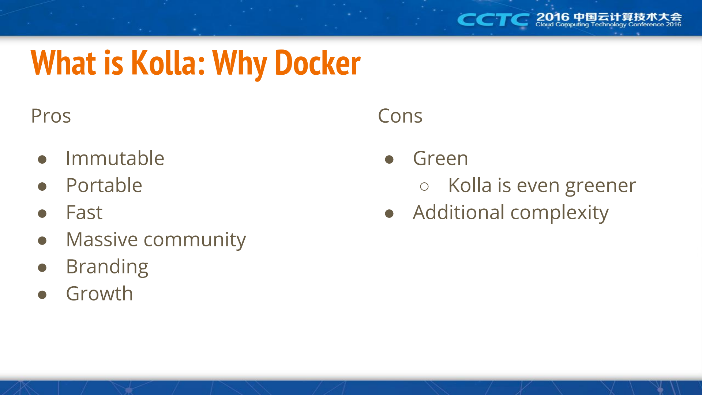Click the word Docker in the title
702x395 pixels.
pos(317,63)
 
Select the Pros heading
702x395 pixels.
pos(51,116)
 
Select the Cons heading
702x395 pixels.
pos(400,116)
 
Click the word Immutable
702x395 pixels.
pos(115,158)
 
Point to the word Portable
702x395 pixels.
pos(104,185)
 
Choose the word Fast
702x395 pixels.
pos(85,212)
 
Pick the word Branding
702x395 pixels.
pos(107,267)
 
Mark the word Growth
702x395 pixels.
pos(100,294)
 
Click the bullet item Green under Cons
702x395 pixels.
pos(440,158)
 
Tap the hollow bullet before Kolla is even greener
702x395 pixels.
pos(424,187)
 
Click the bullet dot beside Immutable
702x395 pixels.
pos(42,159)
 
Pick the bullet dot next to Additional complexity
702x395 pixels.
pos(389,213)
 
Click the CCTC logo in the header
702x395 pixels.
pos(493,19)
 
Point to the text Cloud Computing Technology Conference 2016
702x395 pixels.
pos(608,25)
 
